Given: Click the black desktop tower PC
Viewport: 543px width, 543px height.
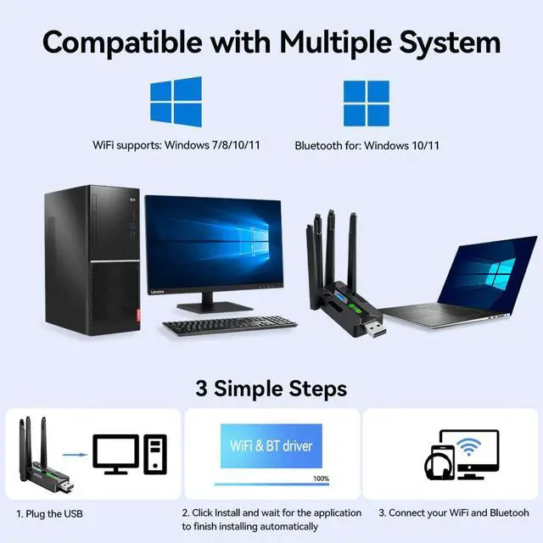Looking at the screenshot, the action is pyautogui.click(x=91, y=262).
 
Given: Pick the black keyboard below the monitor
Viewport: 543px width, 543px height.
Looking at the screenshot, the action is pyautogui.click(x=231, y=323).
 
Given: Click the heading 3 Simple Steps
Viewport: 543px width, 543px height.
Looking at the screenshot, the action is pyautogui.click(x=271, y=389).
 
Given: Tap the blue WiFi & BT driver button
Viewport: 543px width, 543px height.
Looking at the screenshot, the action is pyautogui.click(x=271, y=445).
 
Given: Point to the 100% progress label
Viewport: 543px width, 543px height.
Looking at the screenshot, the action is pyautogui.click(x=321, y=479).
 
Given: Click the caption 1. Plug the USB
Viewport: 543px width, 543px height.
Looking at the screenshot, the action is pyautogui.click(x=49, y=513).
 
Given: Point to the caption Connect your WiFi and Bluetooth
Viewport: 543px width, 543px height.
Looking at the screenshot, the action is pyautogui.click(x=454, y=513).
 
